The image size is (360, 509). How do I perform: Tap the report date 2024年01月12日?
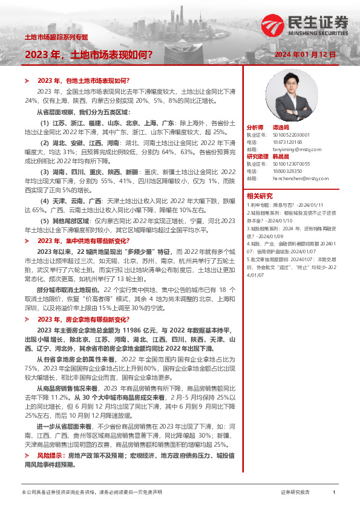305,54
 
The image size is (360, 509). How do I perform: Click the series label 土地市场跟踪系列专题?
56,37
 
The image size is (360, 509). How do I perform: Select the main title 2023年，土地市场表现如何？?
88,54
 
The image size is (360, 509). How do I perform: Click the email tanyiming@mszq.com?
291,148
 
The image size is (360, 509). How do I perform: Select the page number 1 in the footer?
333,493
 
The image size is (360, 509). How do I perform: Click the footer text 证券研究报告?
295,493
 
